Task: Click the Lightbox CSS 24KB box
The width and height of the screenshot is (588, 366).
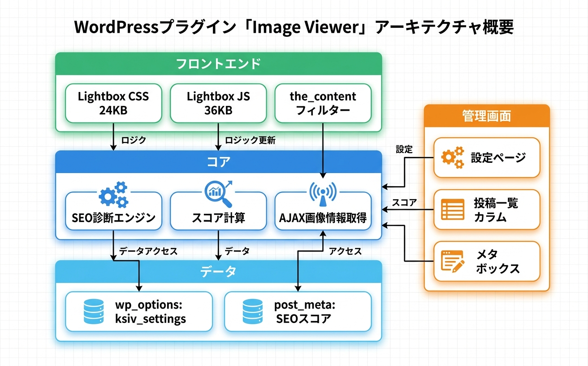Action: tap(113, 103)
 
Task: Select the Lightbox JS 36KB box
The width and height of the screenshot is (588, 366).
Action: tap(218, 103)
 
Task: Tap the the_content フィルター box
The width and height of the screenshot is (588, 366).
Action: tap(323, 103)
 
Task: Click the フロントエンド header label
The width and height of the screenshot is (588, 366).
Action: tap(218, 63)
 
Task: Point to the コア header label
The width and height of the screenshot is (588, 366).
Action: tap(218, 161)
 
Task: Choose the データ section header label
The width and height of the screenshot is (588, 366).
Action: tap(218, 271)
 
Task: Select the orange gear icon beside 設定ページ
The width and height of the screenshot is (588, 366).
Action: tap(453, 157)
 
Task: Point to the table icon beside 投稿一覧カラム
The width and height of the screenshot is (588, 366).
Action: tap(453, 209)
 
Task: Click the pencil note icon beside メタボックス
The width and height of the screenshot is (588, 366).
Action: tap(453, 261)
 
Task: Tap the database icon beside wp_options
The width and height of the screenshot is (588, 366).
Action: tap(94, 312)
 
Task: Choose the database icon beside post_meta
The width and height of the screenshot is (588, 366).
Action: tap(252, 312)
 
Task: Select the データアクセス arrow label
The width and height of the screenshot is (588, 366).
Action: tap(148, 251)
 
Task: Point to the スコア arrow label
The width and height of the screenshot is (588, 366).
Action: tap(404, 203)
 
